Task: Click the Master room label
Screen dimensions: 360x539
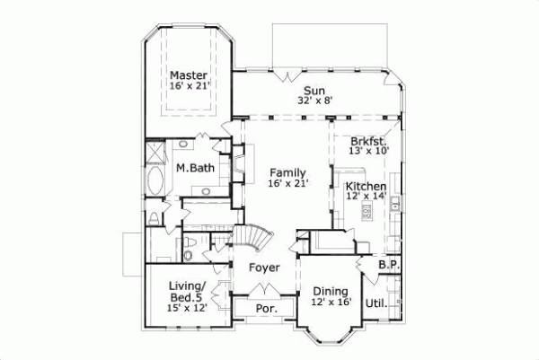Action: pos(189,75)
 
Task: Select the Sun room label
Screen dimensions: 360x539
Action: pos(314,90)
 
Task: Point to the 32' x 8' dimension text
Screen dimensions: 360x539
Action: pos(314,101)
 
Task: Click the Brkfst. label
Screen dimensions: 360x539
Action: pos(367,141)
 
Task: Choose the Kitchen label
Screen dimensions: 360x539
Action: pos(367,185)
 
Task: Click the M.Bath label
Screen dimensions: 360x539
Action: pos(193,168)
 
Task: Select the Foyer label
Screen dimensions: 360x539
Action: pos(263,268)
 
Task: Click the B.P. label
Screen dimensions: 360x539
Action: pos(388,266)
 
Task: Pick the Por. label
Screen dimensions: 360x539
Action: pos(264,308)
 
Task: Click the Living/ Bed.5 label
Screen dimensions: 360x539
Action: pos(188,291)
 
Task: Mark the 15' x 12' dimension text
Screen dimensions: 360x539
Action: pos(188,308)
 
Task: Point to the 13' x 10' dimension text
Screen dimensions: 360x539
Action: pos(367,152)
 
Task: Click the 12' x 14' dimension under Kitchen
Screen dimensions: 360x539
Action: pos(367,196)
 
